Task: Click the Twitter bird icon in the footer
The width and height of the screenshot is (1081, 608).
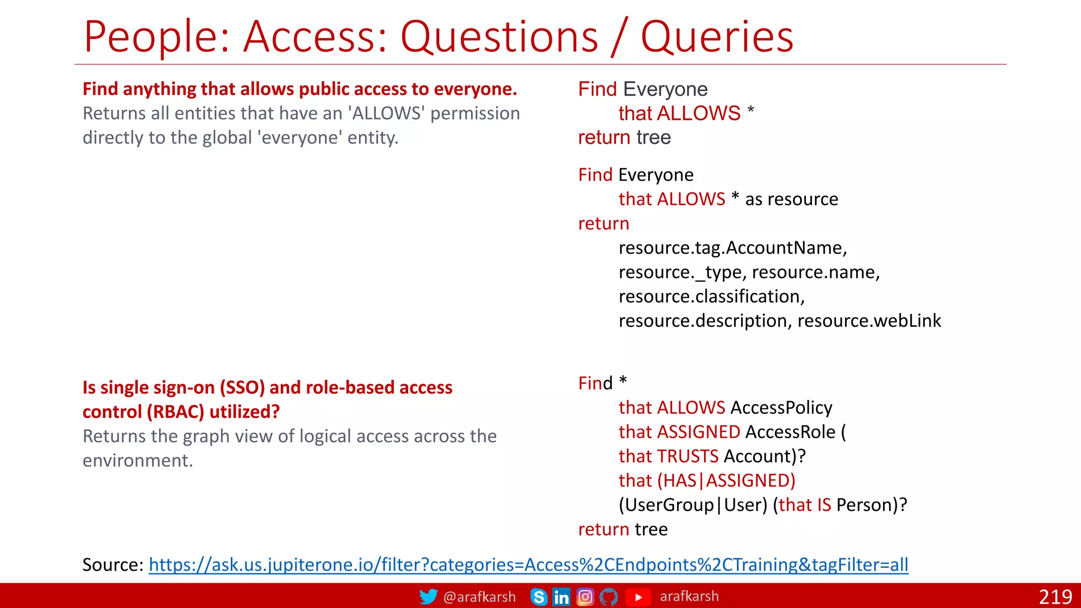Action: pos(428,596)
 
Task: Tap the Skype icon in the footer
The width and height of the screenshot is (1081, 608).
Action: pos(538,597)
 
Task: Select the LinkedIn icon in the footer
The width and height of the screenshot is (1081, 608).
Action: pos(561,597)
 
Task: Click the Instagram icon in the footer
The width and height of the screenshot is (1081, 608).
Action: pos(585,597)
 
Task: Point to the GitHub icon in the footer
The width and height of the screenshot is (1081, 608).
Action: pos(609,597)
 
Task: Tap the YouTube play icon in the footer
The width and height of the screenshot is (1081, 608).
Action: pos(638,597)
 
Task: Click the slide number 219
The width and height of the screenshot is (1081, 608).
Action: pos(1055,597)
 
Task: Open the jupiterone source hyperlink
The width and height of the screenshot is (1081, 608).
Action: pos(528,565)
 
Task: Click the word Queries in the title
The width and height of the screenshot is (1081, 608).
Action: pos(717,36)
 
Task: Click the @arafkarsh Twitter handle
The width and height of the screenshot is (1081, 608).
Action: pos(479,597)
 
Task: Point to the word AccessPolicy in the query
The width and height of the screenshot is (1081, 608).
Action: pos(781,407)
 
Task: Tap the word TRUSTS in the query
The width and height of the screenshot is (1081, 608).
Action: pos(687,456)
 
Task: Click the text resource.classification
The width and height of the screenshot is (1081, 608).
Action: pos(712,297)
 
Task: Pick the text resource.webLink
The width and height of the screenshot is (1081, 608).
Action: pos(869,321)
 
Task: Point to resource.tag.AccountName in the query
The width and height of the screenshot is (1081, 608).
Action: pos(732,248)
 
